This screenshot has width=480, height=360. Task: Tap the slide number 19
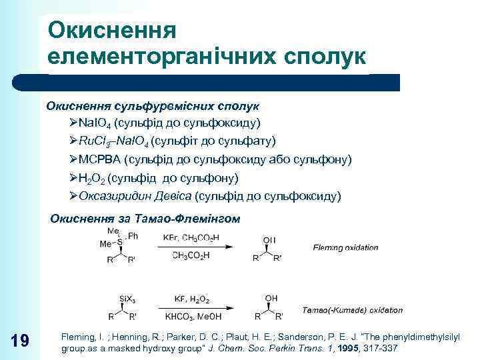20,341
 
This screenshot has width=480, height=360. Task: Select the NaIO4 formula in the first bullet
95,123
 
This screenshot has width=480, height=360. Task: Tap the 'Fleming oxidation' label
345,248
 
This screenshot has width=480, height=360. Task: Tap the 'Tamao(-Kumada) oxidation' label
352,310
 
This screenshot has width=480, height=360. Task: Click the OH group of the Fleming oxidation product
269,239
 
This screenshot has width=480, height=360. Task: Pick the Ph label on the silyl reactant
133,235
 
